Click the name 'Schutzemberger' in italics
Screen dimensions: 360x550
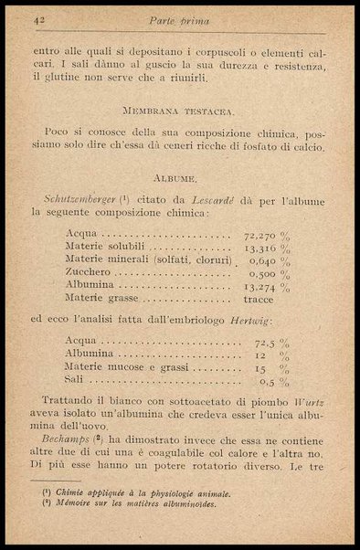click(78, 198)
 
